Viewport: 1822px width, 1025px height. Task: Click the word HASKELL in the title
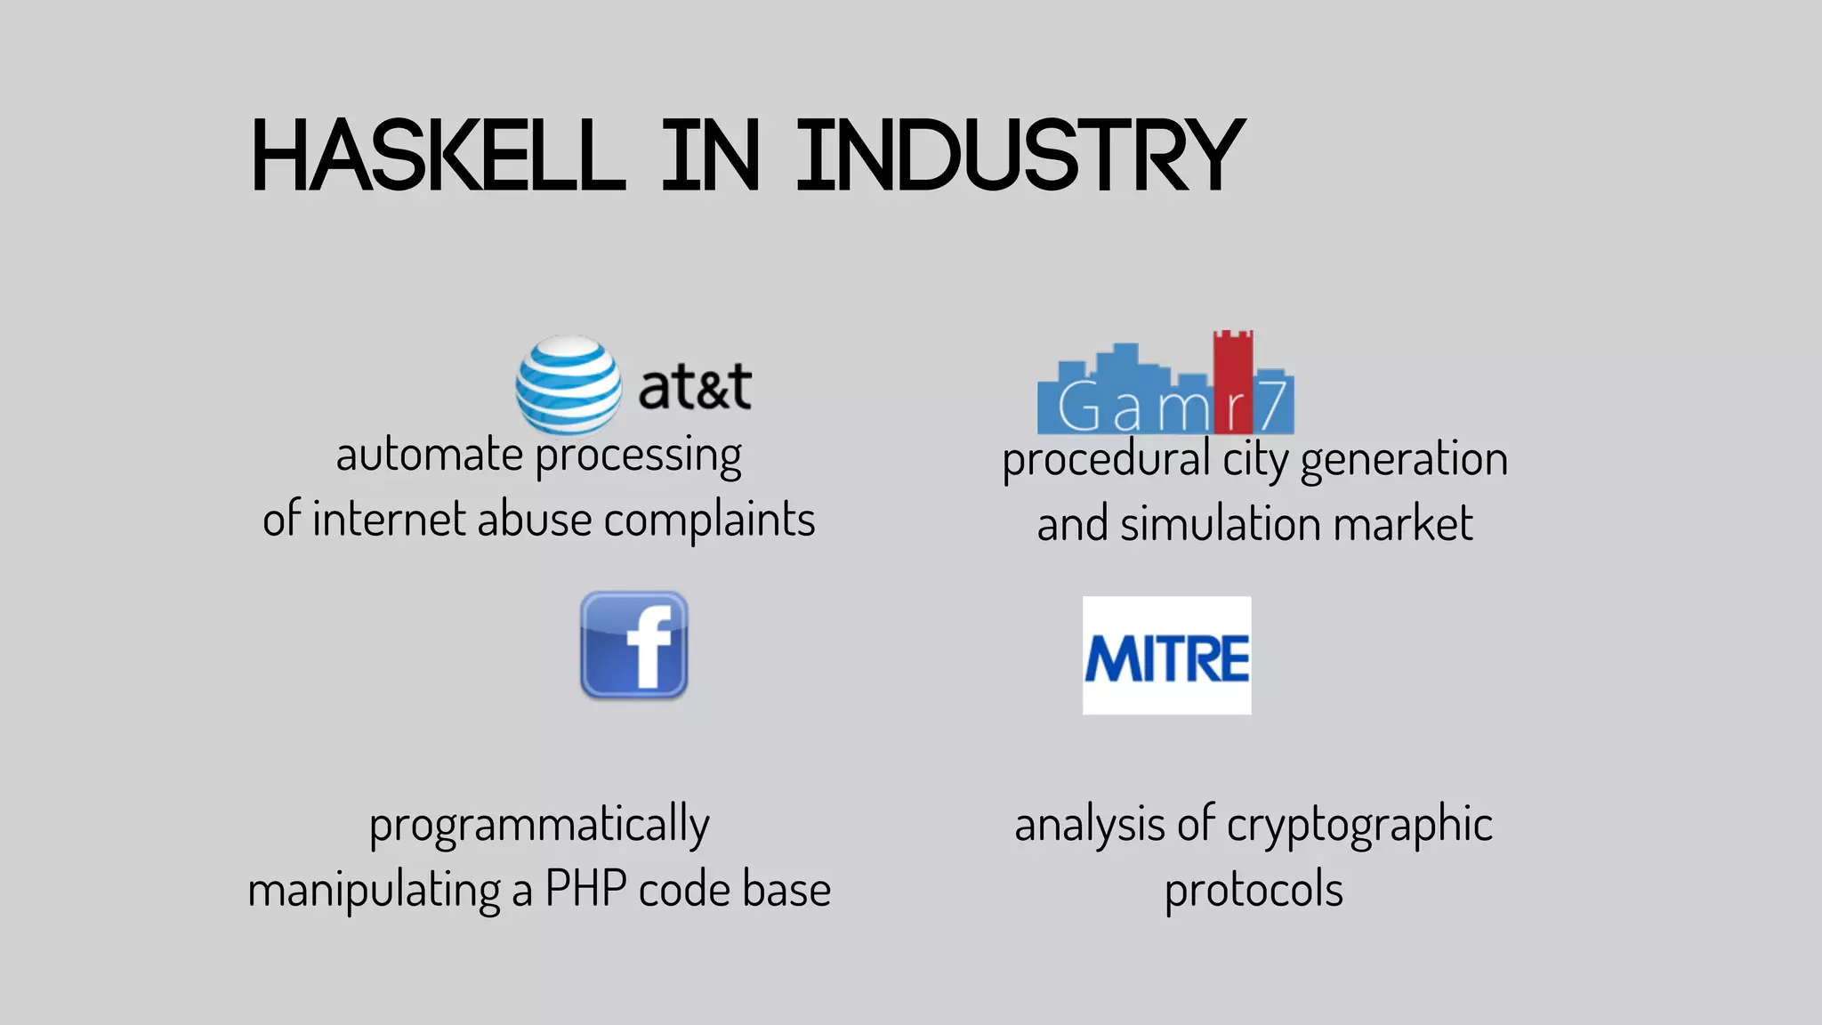coord(439,157)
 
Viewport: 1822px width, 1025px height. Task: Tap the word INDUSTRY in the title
coord(1020,157)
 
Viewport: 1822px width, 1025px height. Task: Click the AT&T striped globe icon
coord(568,384)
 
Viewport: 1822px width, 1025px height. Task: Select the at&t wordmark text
coord(695,387)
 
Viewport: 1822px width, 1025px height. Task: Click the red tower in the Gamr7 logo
coord(1233,378)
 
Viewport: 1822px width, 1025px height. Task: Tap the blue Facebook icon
coord(634,645)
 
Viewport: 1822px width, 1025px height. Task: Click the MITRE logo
coord(1166,656)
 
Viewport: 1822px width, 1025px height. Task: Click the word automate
coord(429,455)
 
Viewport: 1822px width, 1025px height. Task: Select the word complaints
coord(709,520)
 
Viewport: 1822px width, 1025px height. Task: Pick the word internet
coord(389,519)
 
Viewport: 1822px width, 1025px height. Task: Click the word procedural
coord(1106,460)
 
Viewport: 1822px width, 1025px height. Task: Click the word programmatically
coord(539,825)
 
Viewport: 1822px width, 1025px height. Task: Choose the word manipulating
coord(374,890)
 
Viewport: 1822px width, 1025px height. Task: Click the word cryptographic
coord(1359,825)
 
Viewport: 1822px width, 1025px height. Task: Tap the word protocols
coord(1254,890)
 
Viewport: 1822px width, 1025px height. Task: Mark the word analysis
coord(1089,824)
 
